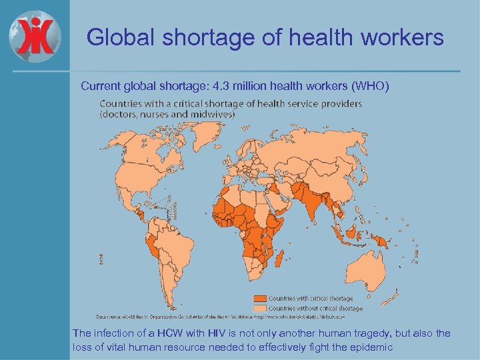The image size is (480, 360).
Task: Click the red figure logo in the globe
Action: pos(35,34)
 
